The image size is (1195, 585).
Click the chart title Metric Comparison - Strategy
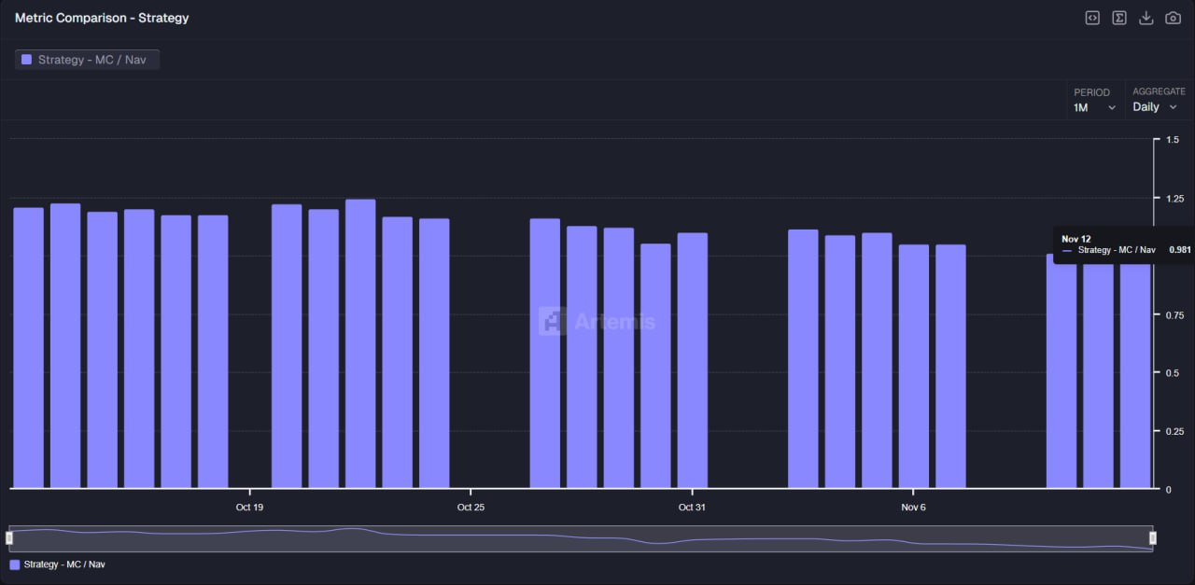click(x=102, y=18)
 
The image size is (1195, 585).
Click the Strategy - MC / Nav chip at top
click(x=87, y=60)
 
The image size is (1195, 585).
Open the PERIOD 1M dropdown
click(x=1094, y=107)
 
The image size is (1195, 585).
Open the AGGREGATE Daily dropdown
click(x=1155, y=107)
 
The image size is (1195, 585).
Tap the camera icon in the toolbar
click(x=1173, y=18)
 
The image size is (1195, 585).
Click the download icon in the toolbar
click(x=1146, y=18)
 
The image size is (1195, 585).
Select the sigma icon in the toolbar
click(x=1118, y=18)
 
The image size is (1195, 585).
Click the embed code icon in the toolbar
click(x=1091, y=18)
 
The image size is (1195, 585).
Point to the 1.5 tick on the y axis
click(x=1173, y=140)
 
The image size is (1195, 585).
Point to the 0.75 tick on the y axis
click(x=1174, y=315)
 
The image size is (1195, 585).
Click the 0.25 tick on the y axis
click(x=1174, y=431)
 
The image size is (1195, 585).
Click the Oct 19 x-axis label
click(x=249, y=508)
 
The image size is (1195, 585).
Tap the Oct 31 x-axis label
click(x=692, y=508)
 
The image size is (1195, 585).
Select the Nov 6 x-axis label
click(x=913, y=508)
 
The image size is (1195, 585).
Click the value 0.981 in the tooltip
click(x=1179, y=250)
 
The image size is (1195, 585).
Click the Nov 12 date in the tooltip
click(x=1075, y=239)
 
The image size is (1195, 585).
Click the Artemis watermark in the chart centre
click(x=597, y=322)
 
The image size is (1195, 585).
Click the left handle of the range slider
click(x=9, y=538)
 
